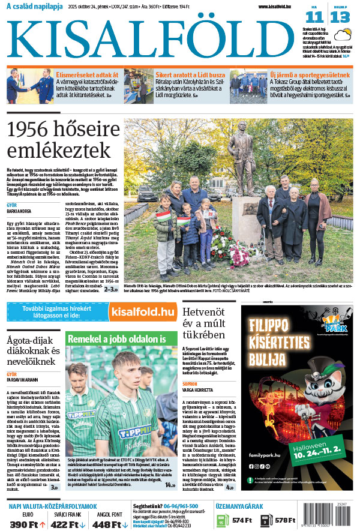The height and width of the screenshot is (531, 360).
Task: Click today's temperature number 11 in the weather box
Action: tap(313, 17)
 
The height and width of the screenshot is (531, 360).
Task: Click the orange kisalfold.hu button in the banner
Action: tap(142, 311)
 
